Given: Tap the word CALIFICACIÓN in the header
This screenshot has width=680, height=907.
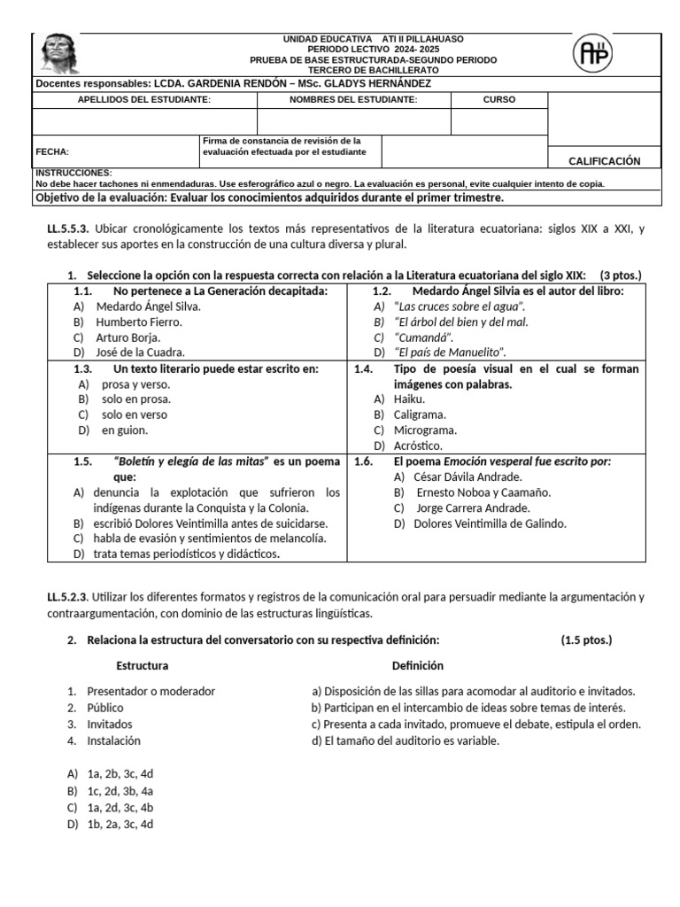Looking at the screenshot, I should tap(604, 160).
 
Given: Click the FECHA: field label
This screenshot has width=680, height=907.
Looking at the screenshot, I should tap(52, 151).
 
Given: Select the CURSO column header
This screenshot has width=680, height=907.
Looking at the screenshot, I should tap(498, 100).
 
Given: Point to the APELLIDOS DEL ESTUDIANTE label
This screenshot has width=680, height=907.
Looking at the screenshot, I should tap(144, 100).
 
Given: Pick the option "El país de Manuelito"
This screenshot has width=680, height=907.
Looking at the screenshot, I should tap(449, 352).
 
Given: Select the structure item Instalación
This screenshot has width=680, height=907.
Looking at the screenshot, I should tap(113, 740).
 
